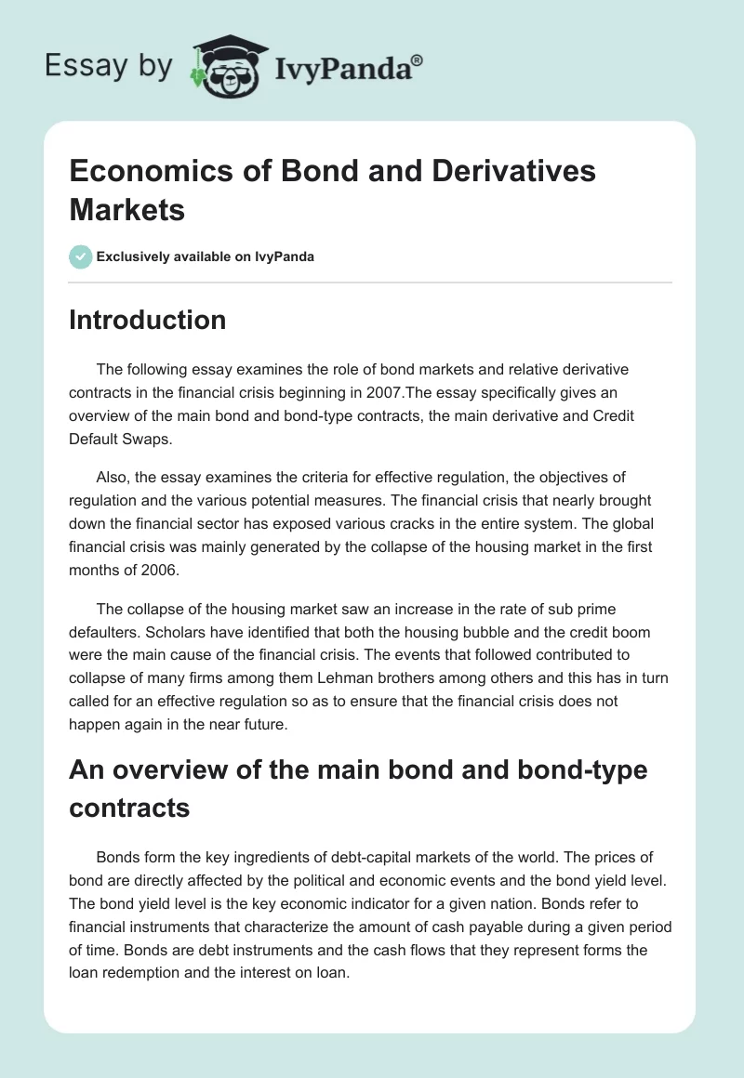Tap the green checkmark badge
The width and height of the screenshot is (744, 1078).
coord(80,256)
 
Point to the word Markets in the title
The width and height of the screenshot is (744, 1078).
coord(126,209)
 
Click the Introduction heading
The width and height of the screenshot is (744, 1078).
coord(147,320)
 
